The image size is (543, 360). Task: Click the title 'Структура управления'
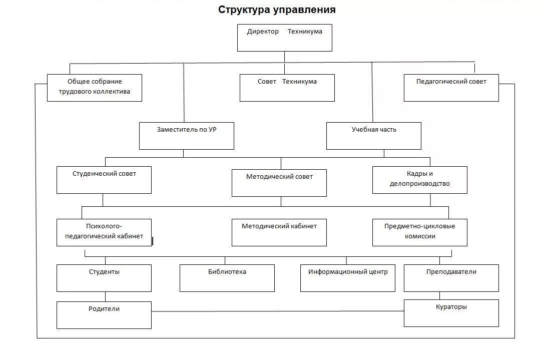point(277,10)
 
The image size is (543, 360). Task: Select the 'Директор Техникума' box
point(284,38)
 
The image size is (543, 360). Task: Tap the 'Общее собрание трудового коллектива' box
point(95,88)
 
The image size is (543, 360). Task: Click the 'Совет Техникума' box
point(287,88)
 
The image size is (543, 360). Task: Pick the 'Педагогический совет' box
point(451,88)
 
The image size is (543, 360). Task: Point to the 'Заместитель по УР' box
point(186,136)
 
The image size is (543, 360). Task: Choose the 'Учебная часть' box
point(373,136)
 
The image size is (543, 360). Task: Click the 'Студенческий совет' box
point(104,180)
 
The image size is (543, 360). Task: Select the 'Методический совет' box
point(279,183)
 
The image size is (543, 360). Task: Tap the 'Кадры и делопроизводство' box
point(419,180)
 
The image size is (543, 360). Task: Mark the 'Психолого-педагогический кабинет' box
point(104,232)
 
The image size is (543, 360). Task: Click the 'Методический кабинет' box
point(279,232)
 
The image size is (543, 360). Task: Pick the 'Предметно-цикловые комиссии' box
point(419,232)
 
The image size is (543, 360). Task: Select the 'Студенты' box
point(104,278)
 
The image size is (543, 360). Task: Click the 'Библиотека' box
point(227,278)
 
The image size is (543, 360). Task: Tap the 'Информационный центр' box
point(347,278)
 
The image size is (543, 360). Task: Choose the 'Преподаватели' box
point(451,278)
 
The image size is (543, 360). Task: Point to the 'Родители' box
point(104,315)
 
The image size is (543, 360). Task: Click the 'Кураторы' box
point(451,313)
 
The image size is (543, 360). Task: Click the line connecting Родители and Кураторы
point(278,311)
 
